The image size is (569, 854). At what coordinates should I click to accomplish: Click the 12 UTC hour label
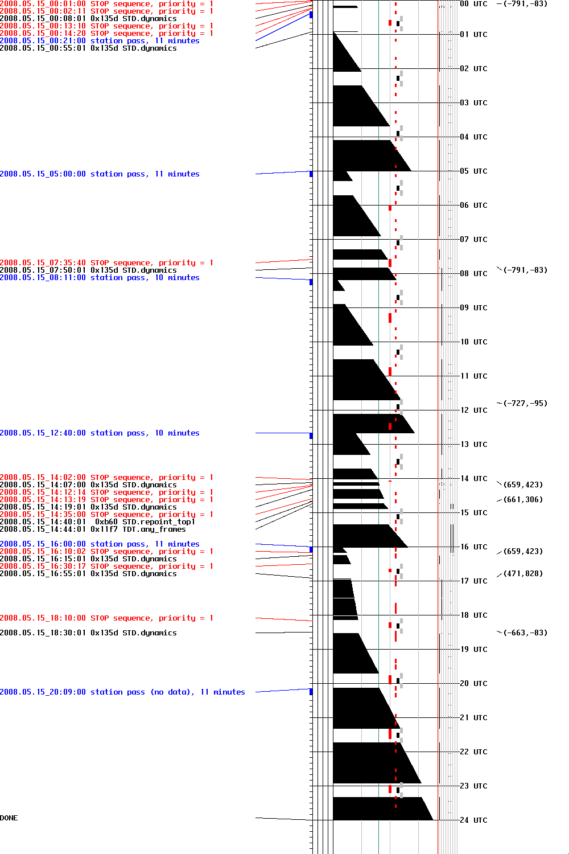(473, 410)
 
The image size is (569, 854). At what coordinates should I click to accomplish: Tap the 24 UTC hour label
(473, 820)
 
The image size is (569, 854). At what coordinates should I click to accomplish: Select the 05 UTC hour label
(473, 171)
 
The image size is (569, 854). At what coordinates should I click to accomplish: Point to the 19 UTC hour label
(473, 649)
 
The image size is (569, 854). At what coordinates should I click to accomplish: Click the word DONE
(9, 818)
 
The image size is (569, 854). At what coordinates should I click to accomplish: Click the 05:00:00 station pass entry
(100, 174)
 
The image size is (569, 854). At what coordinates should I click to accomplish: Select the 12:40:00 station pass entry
(100, 433)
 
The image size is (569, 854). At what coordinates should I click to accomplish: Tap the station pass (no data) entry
(122, 692)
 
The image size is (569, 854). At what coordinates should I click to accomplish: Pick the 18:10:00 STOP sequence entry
(106, 618)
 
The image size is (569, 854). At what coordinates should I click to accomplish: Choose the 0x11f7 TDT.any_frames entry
(93, 529)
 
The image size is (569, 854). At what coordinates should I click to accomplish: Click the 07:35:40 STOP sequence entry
(106, 263)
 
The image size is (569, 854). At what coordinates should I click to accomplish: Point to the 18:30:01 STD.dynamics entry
(88, 633)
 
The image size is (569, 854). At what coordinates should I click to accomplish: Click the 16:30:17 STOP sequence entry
(106, 566)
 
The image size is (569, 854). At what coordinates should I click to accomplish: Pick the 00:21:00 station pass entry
(100, 41)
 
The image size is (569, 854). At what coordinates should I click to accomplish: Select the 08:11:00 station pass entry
(100, 278)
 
